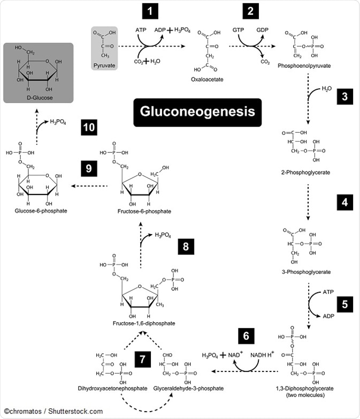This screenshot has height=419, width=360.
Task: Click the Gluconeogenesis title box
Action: coord(197,112)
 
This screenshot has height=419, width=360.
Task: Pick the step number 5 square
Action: coord(344,305)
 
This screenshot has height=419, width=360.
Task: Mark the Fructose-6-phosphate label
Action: coord(144,212)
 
